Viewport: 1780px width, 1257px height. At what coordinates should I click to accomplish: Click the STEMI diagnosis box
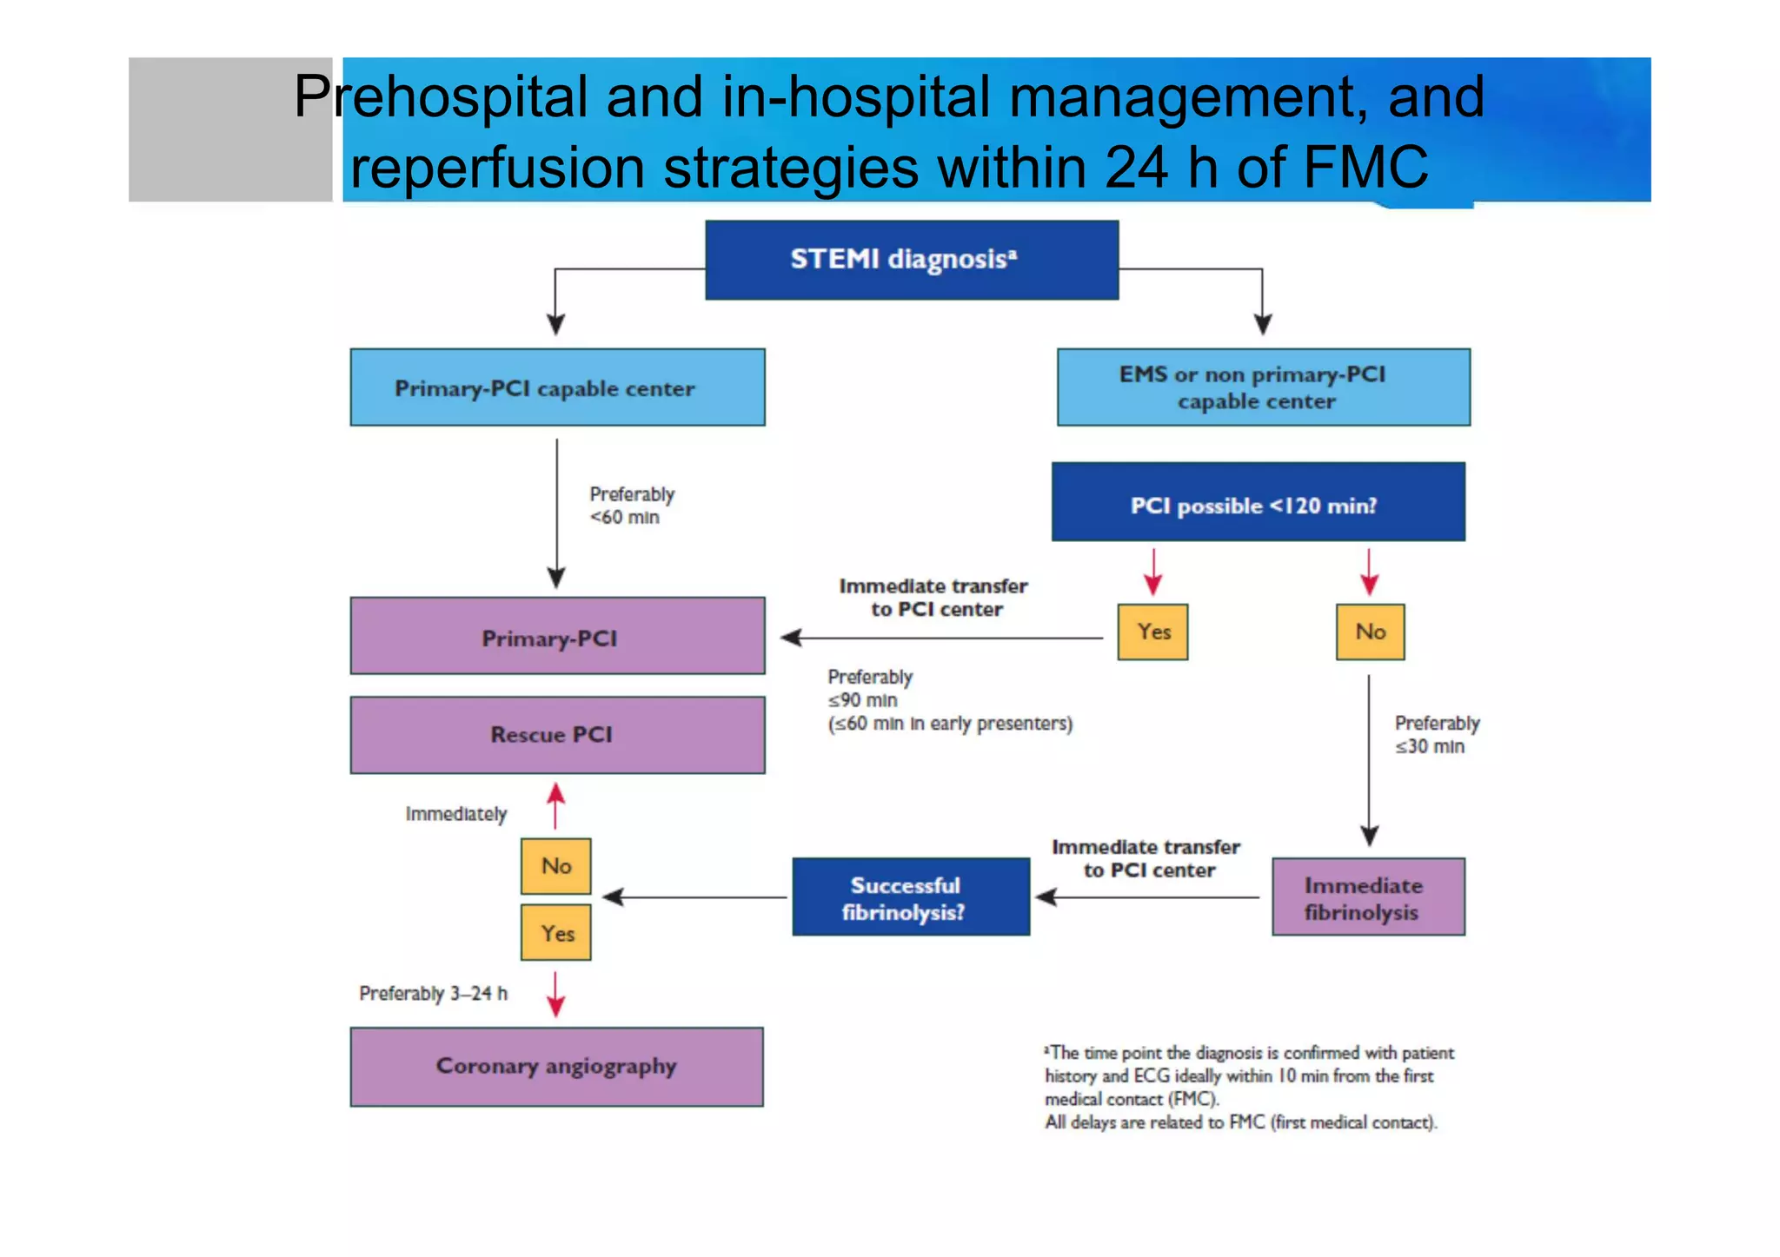[911, 260]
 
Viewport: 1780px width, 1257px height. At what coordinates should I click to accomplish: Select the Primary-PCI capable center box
[557, 387]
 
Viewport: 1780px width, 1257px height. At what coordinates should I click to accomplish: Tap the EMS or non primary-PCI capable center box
[1263, 387]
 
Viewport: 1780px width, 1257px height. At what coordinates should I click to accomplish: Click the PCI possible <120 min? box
[1258, 502]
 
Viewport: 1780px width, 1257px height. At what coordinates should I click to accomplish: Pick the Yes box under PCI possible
[1152, 632]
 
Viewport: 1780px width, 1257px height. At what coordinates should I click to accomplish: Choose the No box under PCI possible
[1370, 632]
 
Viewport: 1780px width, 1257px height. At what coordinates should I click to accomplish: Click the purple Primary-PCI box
[557, 636]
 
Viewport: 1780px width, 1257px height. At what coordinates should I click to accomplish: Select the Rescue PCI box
[557, 735]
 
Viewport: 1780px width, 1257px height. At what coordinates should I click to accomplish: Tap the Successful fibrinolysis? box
[910, 896]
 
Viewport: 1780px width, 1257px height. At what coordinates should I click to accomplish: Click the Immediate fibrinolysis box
[1368, 896]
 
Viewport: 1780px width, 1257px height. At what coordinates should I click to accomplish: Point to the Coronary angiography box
[556, 1067]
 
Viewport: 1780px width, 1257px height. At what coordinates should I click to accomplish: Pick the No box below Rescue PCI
[555, 866]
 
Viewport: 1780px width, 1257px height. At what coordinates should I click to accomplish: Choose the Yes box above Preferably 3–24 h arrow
[555, 932]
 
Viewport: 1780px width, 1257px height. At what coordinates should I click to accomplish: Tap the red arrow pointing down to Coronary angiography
[555, 995]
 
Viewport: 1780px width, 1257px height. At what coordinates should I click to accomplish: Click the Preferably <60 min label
[631, 506]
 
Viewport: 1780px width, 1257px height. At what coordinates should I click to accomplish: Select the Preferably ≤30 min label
[1436, 735]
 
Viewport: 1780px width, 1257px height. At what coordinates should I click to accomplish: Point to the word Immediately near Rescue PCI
[455, 814]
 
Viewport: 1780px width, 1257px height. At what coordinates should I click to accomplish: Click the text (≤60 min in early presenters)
[950, 724]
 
